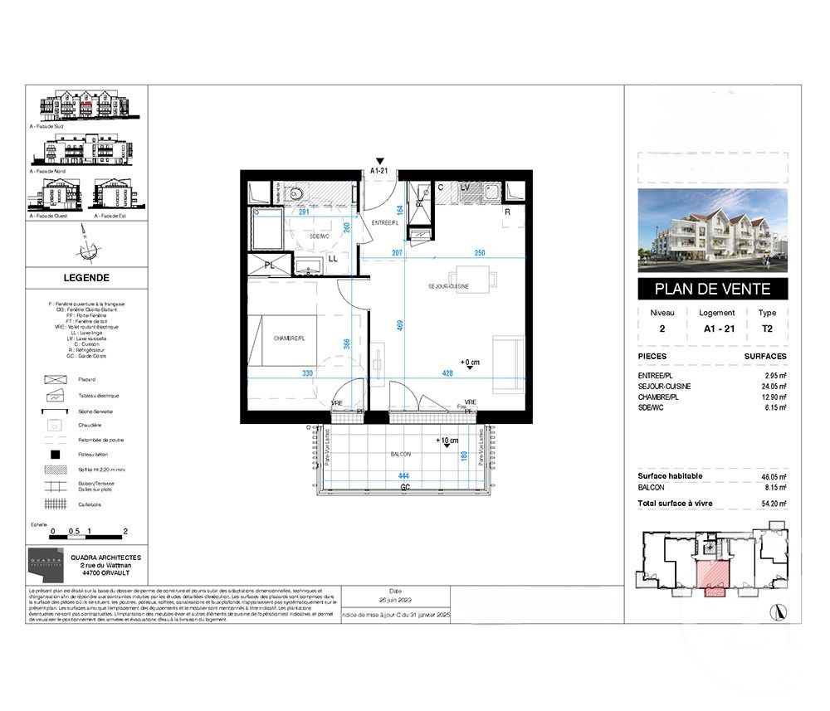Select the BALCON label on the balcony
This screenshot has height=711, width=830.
click(401, 455)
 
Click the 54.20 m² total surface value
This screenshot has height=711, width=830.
click(771, 503)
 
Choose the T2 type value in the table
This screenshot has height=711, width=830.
click(767, 328)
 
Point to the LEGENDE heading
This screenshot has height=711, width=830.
click(86, 278)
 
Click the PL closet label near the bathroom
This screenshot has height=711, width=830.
click(270, 265)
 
